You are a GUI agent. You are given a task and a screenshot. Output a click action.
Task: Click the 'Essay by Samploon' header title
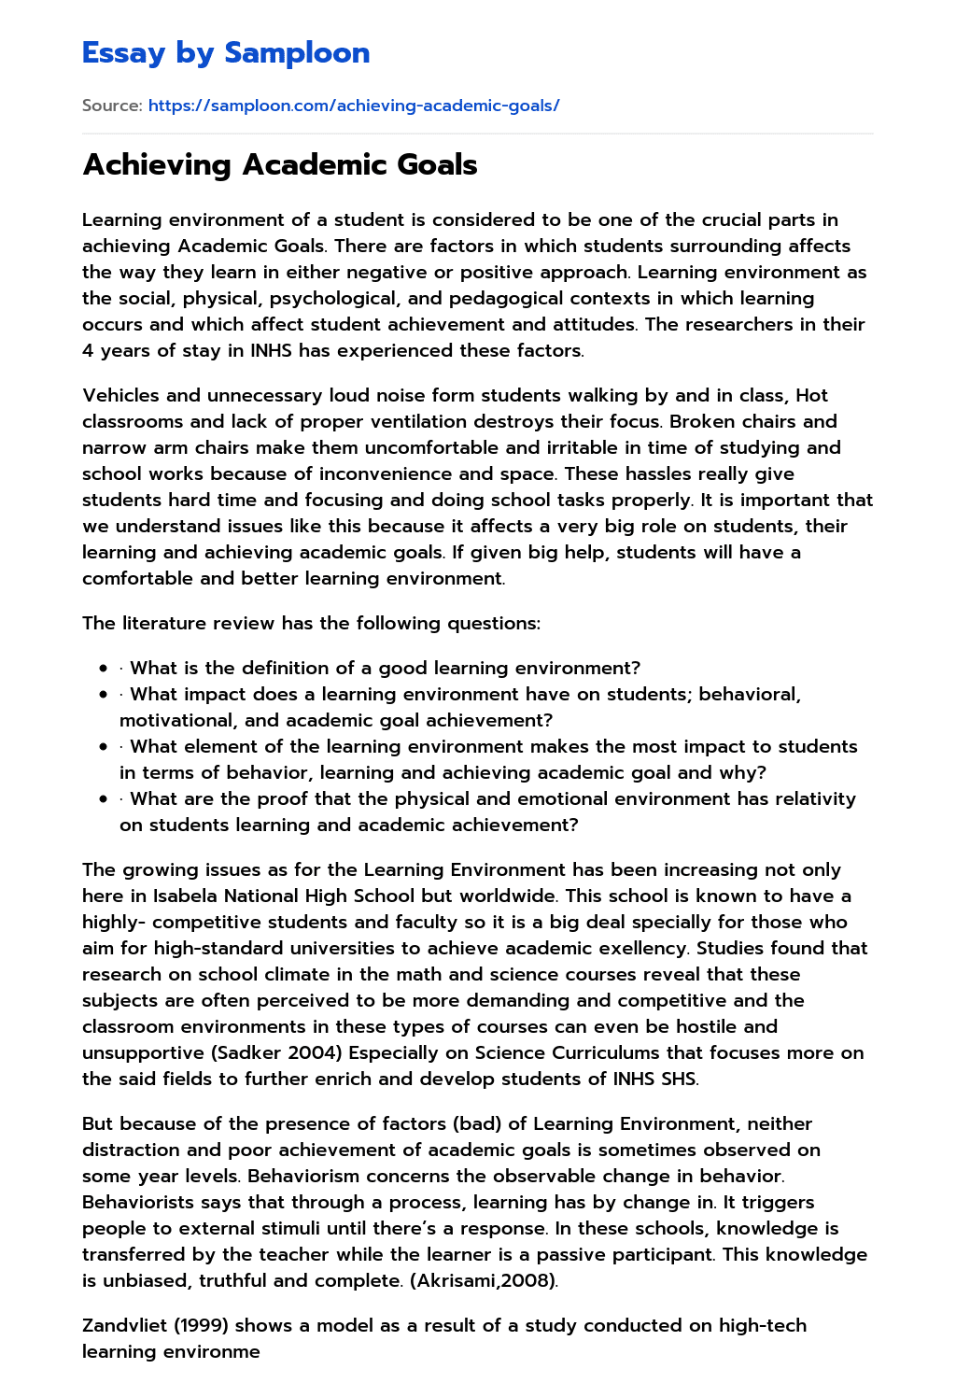pos(226,52)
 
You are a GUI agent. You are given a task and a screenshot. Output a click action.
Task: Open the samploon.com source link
pos(354,106)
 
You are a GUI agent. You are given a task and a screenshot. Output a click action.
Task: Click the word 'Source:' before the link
pos(112,106)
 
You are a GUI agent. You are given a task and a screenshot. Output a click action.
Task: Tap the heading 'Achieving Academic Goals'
pos(280,164)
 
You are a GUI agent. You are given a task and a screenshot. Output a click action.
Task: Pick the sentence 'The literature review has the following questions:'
pos(311,623)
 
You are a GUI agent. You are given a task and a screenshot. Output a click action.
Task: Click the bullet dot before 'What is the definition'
pos(103,668)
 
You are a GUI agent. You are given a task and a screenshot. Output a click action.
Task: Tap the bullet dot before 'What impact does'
pos(103,694)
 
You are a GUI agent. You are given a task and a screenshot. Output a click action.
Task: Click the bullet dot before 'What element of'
pos(103,746)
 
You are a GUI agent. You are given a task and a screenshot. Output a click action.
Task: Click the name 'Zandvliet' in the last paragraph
pos(125,1325)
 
